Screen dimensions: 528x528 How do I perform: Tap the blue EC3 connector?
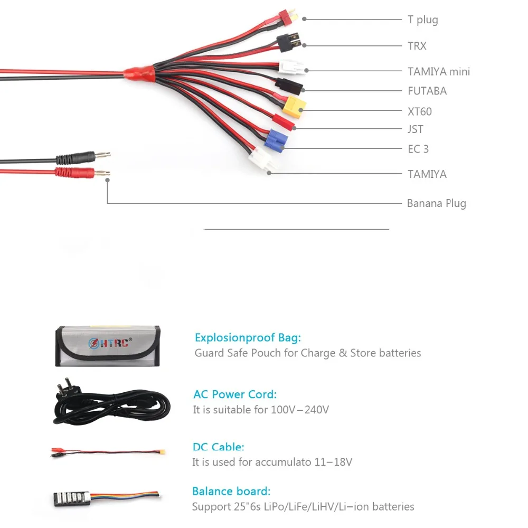274,140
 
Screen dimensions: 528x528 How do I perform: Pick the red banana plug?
79,173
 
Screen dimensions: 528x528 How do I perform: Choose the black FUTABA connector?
289,84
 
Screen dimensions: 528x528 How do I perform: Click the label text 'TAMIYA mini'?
438,71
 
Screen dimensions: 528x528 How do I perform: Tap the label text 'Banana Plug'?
436,203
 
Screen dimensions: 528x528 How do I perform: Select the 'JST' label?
415,129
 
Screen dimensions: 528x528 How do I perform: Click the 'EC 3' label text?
418,149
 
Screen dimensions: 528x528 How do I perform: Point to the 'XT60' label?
419,111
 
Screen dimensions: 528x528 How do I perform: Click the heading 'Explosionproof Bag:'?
248,337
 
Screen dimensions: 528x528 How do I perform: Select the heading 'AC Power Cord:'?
234,394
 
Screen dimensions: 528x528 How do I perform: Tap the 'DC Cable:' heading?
218,447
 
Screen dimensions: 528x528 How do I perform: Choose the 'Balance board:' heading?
231,491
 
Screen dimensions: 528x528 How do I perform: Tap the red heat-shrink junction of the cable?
139,73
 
